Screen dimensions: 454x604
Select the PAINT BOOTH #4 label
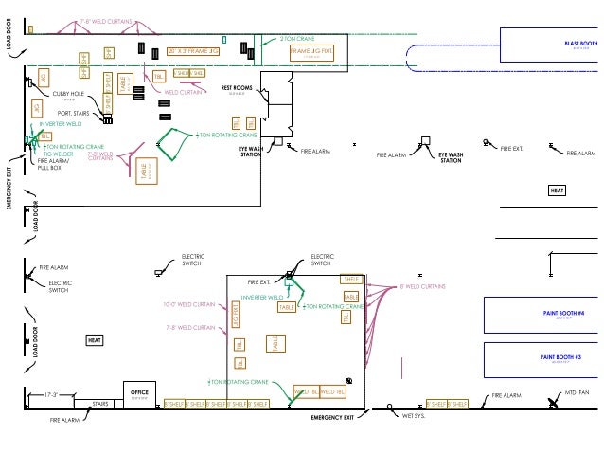click(x=562, y=313)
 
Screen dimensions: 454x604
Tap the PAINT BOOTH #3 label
click(x=560, y=357)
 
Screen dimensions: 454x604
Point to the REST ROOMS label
click(x=236, y=88)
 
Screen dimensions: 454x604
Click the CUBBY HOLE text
click(x=68, y=94)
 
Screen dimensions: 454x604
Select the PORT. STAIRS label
click(x=72, y=113)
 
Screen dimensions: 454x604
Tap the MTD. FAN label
click(x=577, y=391)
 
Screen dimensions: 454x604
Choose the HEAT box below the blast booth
click(x=558, y=191)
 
